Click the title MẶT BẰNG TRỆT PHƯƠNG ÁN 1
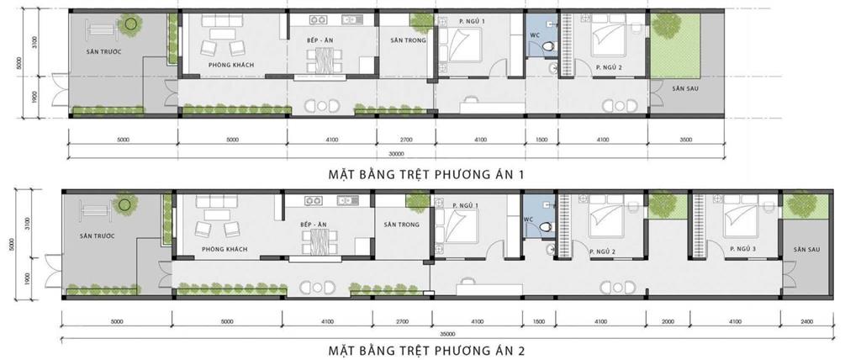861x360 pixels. click(x=430, y=174)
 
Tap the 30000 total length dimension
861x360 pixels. click(x=396, y=154)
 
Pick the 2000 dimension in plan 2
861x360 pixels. click(x=668, y=321)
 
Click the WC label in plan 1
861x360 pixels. click(x=535, y=34)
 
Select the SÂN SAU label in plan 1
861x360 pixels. click(x=685, y=87)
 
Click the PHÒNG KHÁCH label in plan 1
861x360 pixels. click(x=231, y=66)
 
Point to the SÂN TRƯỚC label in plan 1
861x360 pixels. click(x=104, y=51)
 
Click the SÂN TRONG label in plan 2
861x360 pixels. click(x=401, y=225)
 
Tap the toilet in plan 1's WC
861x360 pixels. click(x=549, y=47)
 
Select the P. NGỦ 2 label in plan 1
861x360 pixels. click(x=607, y=66)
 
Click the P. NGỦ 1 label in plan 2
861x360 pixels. click(x=464, y=206)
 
